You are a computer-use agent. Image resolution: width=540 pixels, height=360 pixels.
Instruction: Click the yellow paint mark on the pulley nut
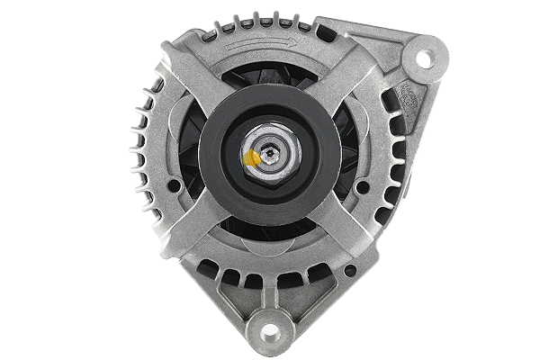coord(253,158)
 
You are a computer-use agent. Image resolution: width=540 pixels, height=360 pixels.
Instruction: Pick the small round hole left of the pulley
coord(176,187)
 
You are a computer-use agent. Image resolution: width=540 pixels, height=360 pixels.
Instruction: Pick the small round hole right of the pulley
coord(363,187)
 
